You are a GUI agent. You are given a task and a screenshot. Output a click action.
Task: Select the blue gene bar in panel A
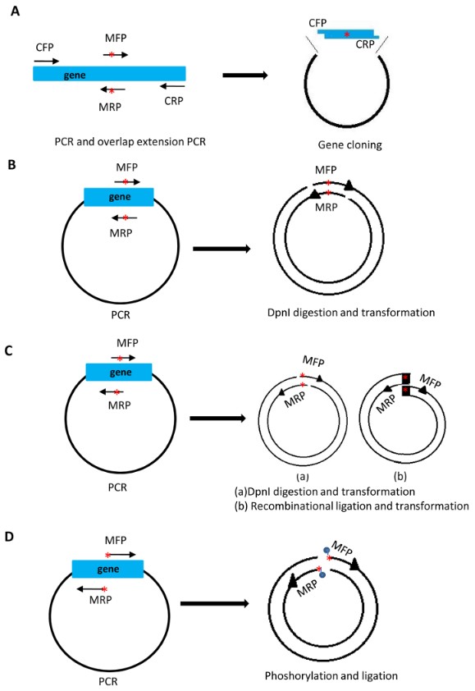coord(109,73)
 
